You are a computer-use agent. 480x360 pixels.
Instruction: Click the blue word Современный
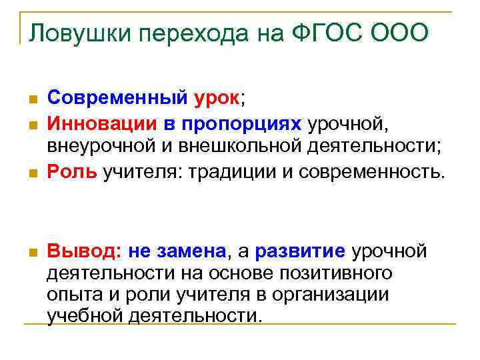click(x=117, y=99)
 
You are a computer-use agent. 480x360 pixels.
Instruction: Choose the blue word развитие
click(x=301, y=251)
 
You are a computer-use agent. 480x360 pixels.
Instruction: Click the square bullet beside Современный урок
click(x=31, y=100)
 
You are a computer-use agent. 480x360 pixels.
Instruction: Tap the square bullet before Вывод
click(x=31, y=252)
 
